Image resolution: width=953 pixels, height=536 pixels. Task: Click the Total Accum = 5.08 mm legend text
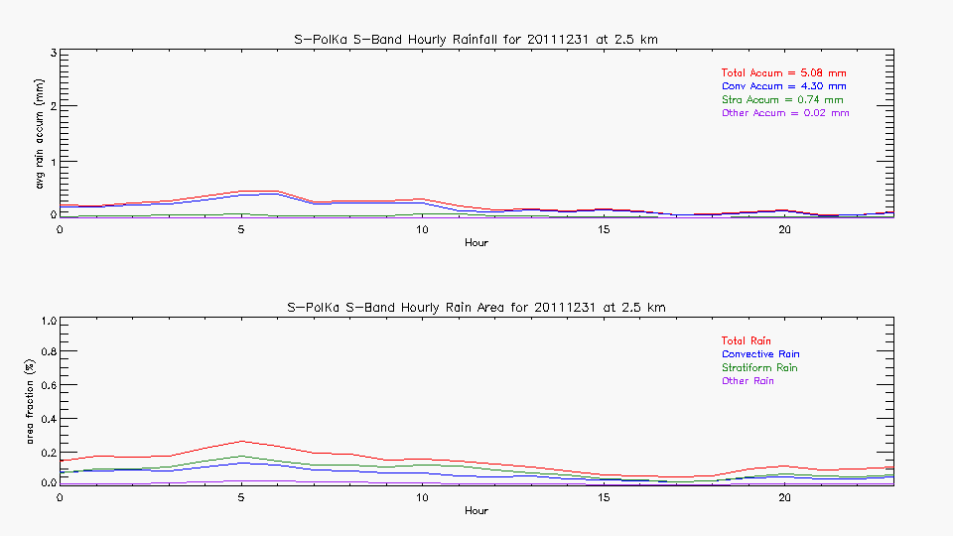[x=783, y=73]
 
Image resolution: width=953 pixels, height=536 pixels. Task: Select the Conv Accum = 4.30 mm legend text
[x=783, y=86]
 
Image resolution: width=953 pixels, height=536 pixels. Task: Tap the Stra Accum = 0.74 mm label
[x=782, y=100]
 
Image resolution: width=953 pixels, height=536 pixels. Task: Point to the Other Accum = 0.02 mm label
[x=785, y=113]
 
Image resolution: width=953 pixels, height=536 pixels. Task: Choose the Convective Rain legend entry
[x=760, y=354]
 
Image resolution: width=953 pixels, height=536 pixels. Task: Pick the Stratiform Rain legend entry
[x=759, y=368]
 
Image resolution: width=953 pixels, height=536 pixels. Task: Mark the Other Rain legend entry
[x=748, y=381]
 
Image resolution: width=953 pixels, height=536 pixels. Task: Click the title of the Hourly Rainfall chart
[x=476, y=40]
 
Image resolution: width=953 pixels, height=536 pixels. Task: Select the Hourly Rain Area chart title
[x=476, y=308]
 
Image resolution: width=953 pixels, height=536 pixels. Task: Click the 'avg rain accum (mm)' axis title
[x=40, y=133]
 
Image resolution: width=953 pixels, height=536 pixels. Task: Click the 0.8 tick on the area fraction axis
[x=44, y=351]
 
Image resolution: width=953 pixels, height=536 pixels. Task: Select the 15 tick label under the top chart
[x=604, y=229]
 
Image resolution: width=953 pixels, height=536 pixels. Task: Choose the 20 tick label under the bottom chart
[x=784, y=497]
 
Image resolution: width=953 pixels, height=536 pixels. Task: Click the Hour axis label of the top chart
[x=476, y=243]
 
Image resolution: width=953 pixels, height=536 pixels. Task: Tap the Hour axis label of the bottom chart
[x=476, y=511]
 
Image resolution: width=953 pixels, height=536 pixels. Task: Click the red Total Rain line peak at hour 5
[x=241, y=441]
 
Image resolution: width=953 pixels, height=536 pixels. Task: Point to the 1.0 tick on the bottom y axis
[x=44, y=321]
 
